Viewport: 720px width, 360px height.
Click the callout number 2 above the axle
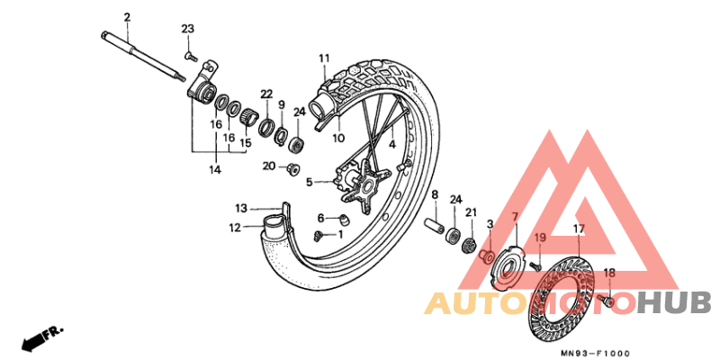[127, 18]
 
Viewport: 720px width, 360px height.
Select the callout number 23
[187, 29]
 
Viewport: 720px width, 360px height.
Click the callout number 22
[266, 94]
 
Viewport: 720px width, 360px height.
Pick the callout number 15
[246, 143]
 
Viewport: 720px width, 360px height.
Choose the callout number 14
[215, 170]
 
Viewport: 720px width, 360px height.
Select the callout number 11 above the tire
[325, 58]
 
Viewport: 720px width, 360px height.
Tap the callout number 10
[338, 138]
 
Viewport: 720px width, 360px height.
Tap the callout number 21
[471, 212]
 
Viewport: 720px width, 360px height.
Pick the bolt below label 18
[606, 301]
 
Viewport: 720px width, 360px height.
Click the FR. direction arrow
[42, 336]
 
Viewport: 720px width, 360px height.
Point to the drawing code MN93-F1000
[595, 353]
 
